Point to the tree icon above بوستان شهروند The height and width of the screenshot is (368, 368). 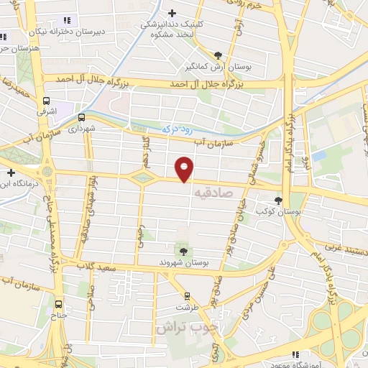pyautogui.click(x=183, y=251)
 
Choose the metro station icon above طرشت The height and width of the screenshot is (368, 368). pyautogui.click(x=188, y=295)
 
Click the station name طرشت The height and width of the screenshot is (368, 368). pyautogui.click(x=187, y=306)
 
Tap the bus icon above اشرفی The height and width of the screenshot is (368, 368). pyautogui.click(x=47, y=101)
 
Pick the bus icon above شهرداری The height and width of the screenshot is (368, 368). pyautogui.click(x=81, y=116)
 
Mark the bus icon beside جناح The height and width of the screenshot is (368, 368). pyautogui.click(x=58, y=303)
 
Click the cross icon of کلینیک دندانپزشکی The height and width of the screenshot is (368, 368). pyautogui.click(x=172, y=13)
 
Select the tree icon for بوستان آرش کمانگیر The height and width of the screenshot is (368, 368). pyautogui.click(x=218, y=54)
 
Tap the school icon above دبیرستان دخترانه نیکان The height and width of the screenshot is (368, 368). pyautogui.click(x=67, y=21)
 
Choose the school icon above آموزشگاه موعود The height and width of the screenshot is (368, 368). pyautogui.click(x=295, y=354)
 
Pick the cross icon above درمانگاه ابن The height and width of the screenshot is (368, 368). pyautogui.click(x=11, y=172)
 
